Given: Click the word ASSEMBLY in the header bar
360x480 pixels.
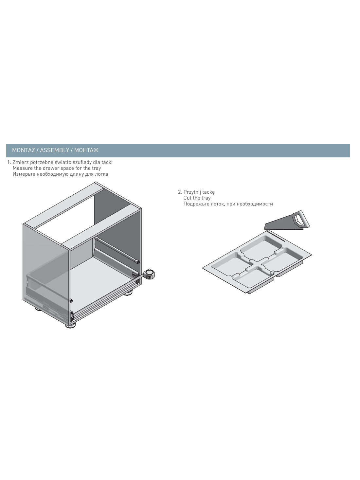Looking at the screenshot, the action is [54, 150].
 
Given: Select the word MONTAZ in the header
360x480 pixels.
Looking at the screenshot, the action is [23, 150].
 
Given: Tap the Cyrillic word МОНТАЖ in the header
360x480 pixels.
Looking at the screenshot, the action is [86, 150].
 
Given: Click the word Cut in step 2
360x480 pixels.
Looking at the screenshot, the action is [187, 198].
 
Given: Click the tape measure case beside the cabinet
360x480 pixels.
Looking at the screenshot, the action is [149, 274].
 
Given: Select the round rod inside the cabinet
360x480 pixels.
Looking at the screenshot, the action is [118, 250].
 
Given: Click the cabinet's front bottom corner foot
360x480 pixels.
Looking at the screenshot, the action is [70, 325].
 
